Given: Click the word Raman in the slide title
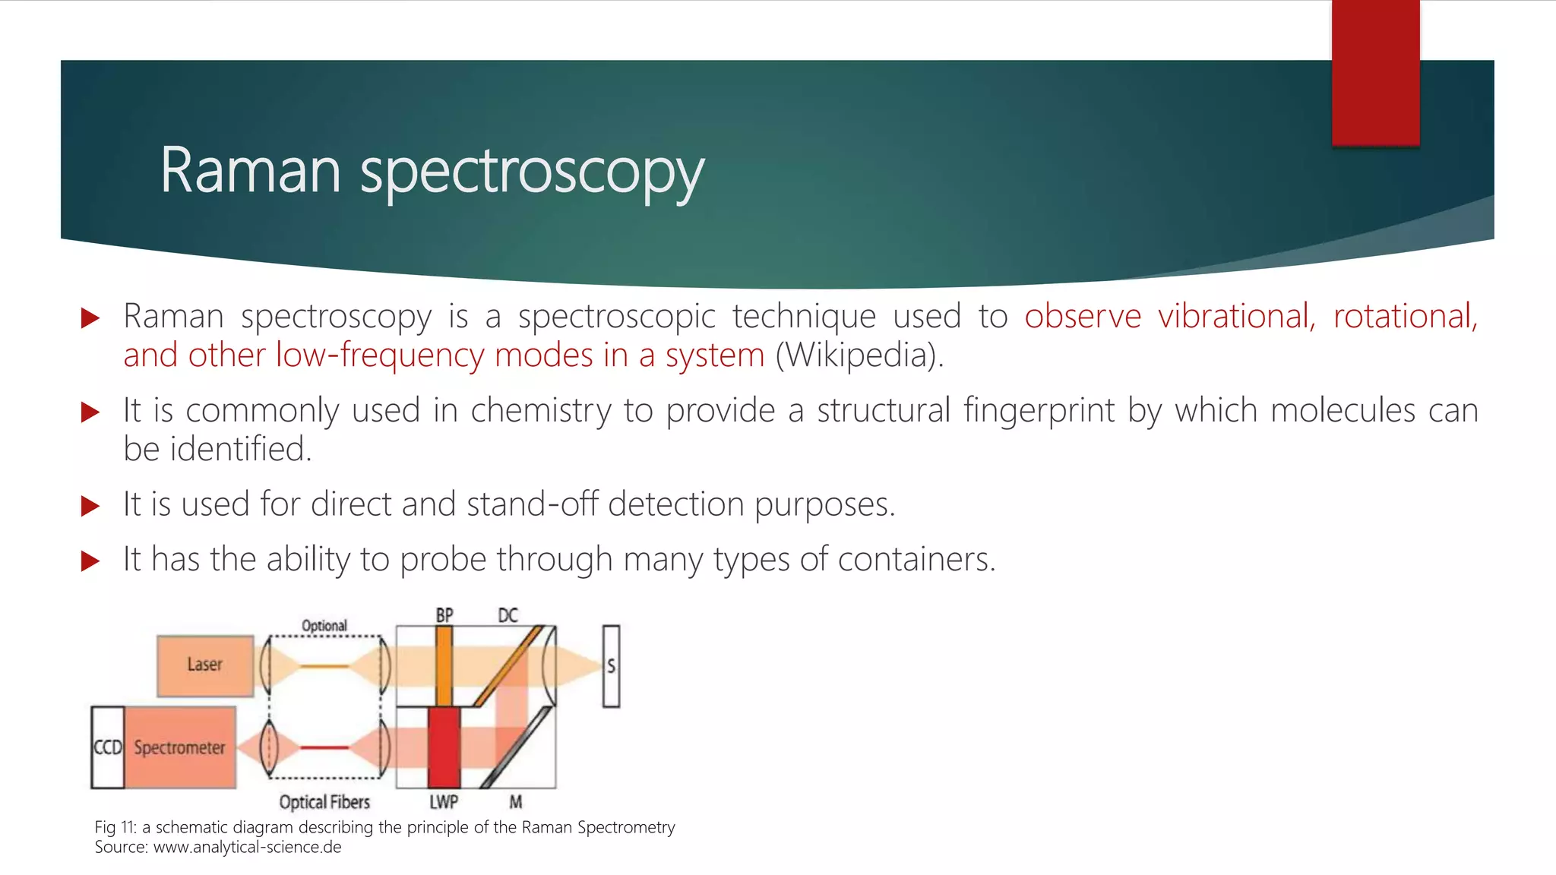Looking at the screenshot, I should click(x=250, y=171).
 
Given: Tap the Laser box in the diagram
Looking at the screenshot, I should click(x=205, y=665).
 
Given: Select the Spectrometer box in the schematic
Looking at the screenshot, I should click(x=180, y=747).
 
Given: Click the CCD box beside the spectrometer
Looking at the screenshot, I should click(x=107, y=747).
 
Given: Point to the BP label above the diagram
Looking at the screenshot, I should click(x=444, y=615).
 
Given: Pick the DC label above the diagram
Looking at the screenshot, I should click(x=508, y=615).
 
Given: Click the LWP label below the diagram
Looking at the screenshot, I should click(x=444, y=802).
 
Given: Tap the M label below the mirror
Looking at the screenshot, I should click(x=516, y=802).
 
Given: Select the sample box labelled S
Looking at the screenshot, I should click(x=611, y=666).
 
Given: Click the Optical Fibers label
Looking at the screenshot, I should click(x=324, y=802).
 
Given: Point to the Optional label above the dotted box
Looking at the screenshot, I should click(x=324, y=626).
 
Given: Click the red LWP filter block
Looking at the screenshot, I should click(x=444, y=747).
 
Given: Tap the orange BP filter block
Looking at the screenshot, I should click(x=444, y=665).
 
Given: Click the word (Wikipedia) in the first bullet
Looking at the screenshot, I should click(x=859, y=355).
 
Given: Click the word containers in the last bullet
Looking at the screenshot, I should click(x=916, y=560).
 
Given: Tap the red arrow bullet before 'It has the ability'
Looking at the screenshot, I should click(x=90, y=561).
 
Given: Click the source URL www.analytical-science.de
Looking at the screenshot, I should click(x=248, y=847).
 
